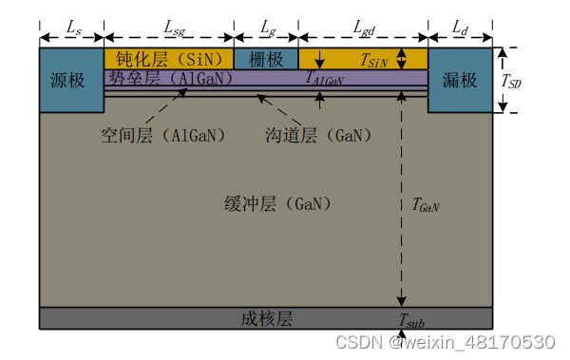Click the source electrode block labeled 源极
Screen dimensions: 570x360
[69, 80]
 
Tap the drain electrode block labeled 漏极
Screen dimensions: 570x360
[460, 80]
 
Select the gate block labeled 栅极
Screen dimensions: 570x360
[266, 59]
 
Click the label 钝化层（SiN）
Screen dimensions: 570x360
[169, 59]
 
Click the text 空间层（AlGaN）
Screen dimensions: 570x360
[163, 135]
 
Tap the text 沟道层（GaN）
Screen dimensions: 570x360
[319, 135]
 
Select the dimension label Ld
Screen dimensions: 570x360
[460, 32]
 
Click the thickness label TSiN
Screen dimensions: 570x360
[374, 60]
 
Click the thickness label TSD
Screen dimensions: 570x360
[513, 82]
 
